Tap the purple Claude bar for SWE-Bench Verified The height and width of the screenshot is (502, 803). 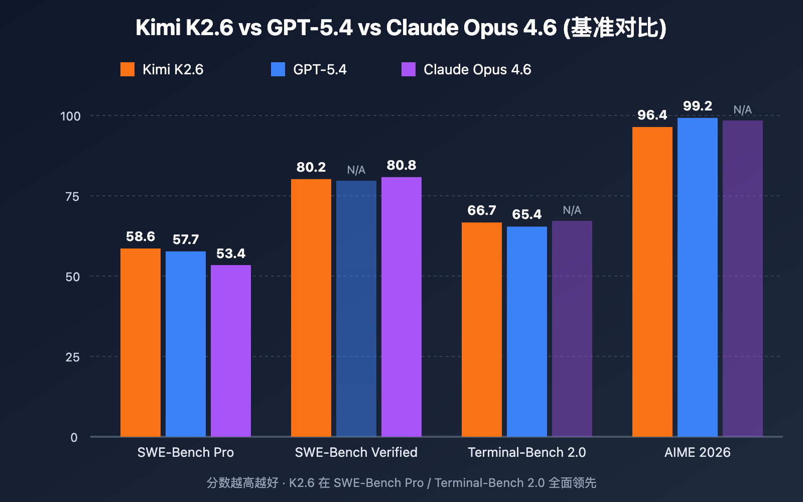401,307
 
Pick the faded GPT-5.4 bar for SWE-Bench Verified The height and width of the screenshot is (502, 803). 356,309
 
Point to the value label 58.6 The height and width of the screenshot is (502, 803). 141,236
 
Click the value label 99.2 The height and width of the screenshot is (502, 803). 698,106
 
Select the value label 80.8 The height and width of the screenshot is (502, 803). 401,165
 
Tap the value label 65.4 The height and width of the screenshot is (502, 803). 527,214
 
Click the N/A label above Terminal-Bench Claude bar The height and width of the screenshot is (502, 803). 572,210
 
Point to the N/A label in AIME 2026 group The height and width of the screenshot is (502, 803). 743,110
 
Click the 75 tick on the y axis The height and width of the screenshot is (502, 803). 72,196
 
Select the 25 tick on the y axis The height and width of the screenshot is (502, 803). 72,357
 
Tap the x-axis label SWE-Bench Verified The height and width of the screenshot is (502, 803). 356,452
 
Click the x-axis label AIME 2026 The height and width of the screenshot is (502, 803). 698,452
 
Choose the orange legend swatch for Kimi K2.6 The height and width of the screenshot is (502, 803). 127,69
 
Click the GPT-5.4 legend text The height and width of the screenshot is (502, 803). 320,69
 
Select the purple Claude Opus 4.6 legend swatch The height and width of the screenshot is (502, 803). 409,69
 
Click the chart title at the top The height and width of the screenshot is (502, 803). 401,27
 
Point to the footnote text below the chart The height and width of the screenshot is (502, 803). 401,482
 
